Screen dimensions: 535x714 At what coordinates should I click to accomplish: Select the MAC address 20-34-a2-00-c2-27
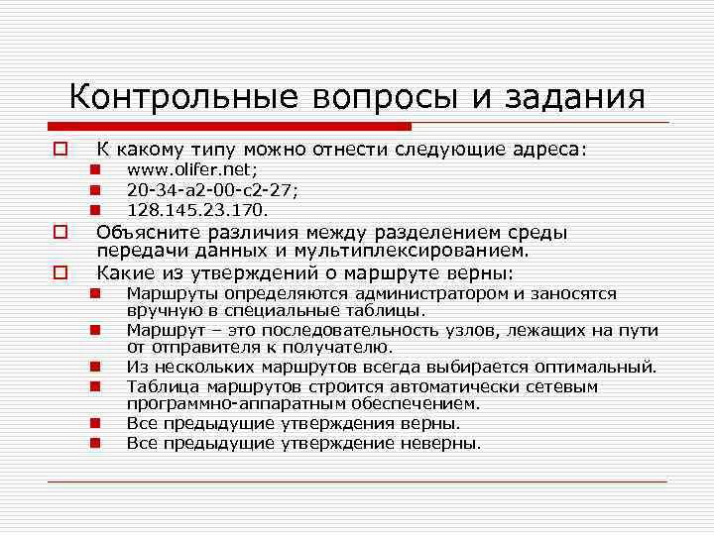[x=212, y=189]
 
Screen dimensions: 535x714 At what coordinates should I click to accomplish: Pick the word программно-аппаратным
[x=227, y=403]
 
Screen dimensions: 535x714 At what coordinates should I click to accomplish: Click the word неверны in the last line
[x=440, y=443]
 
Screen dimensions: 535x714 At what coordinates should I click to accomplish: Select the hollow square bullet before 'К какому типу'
[x=59, y=151]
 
